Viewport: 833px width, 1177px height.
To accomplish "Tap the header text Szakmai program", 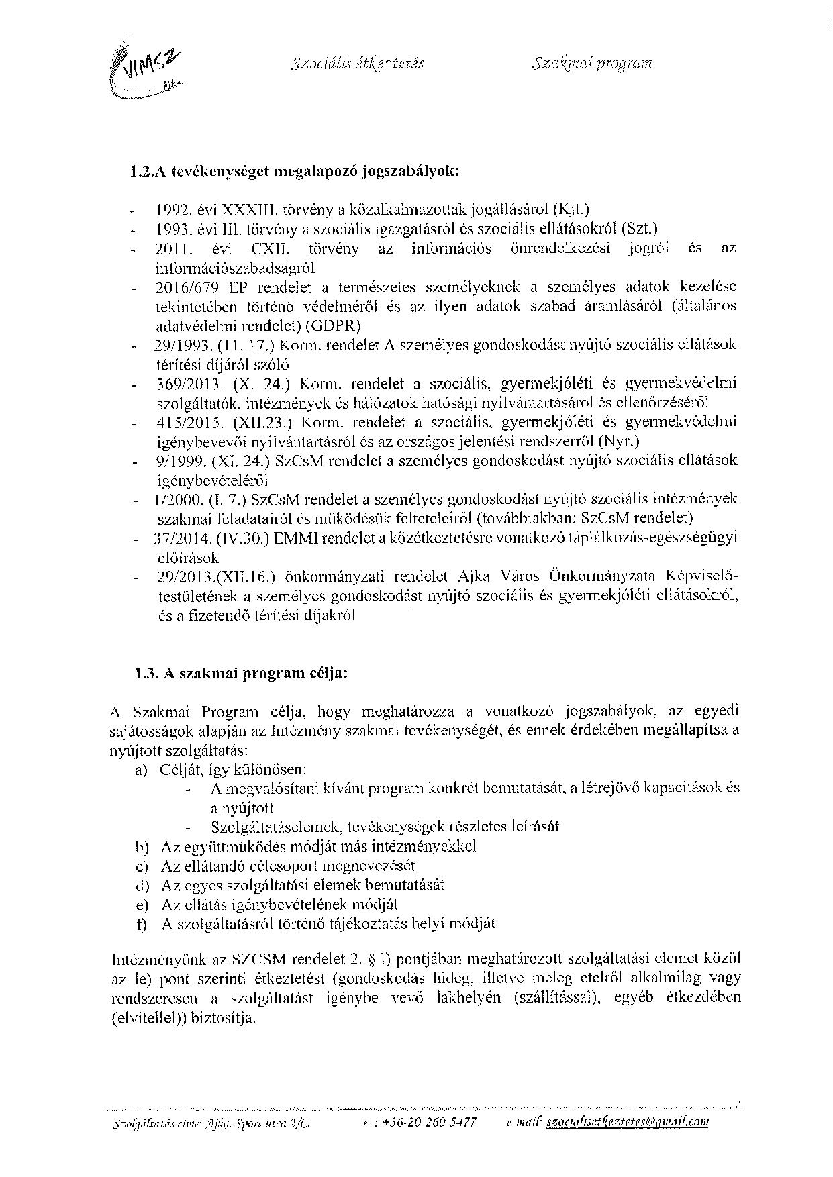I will click(x=591, y=64).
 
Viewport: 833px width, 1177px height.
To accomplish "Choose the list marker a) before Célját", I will click(x=142, y=770).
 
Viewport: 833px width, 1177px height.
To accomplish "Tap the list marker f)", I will click(x=142, y=924).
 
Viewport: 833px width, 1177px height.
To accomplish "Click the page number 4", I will click(x=738, y=1105).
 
